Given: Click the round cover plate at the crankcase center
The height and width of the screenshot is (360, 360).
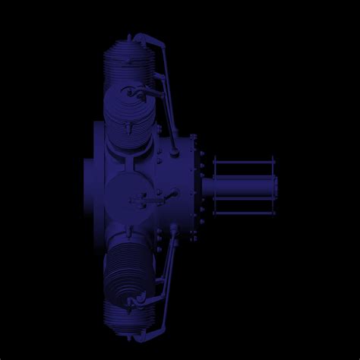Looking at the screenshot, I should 129,196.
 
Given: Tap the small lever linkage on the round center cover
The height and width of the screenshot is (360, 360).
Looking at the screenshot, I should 148,201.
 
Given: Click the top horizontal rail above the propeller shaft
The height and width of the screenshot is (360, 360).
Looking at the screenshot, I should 243,162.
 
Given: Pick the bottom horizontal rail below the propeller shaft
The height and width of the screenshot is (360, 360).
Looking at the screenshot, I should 243,212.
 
